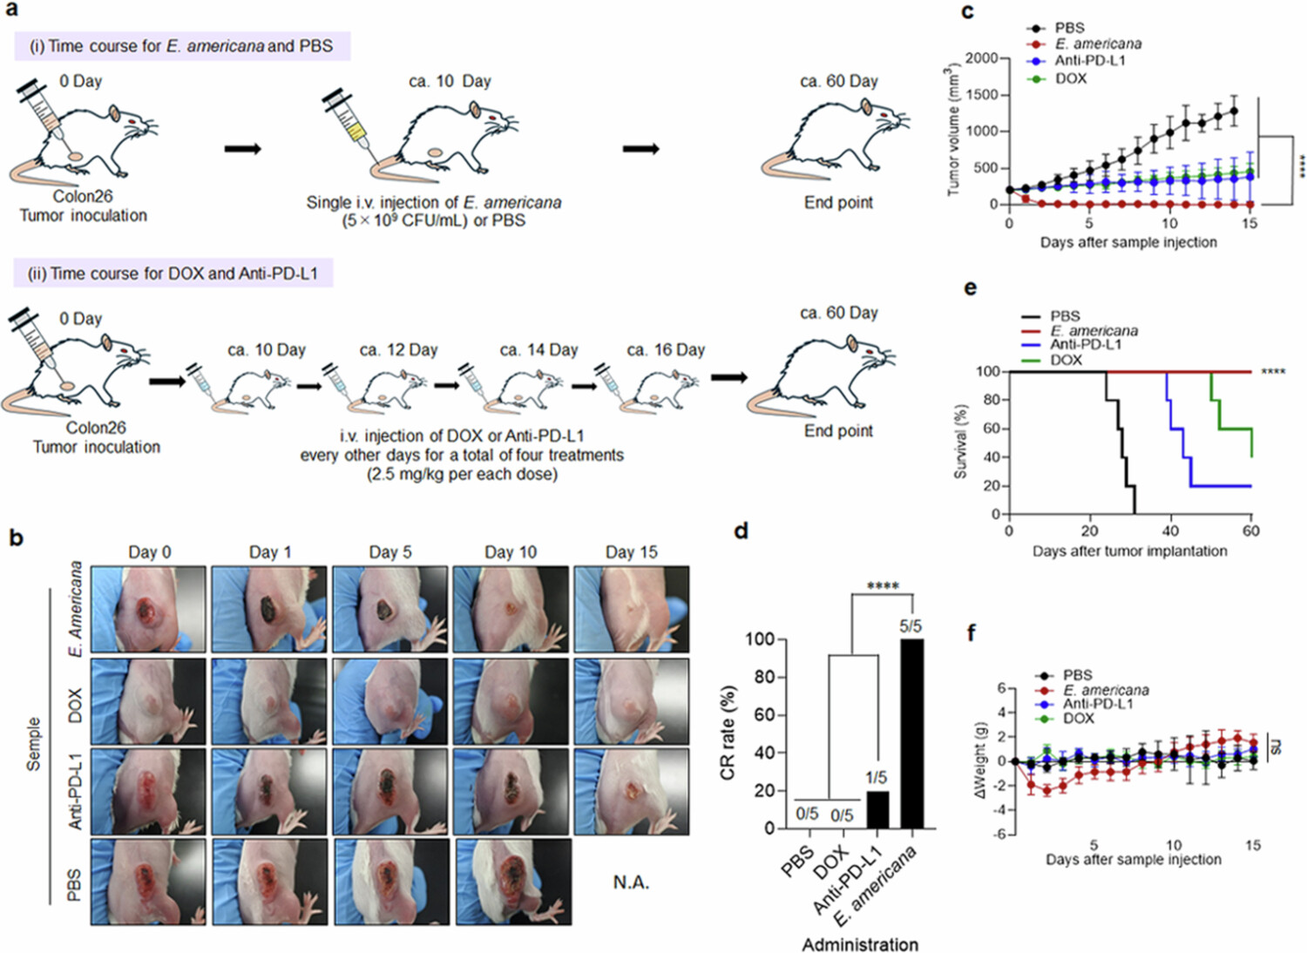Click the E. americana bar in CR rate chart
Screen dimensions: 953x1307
911,733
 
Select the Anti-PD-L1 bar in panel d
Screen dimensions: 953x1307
877,809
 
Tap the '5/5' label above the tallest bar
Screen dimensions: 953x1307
911,626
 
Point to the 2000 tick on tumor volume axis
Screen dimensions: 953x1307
981,57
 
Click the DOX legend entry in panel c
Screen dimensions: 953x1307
1069,78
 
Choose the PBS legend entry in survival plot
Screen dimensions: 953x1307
1065,316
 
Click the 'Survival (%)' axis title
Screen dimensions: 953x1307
961,442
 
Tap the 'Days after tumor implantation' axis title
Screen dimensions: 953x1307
1129,551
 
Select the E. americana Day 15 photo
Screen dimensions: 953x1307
631,609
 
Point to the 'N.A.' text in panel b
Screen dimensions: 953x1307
631,882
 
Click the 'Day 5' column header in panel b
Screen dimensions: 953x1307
389,552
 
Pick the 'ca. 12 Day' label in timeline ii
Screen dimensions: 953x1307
398,350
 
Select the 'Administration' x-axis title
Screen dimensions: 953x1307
859,944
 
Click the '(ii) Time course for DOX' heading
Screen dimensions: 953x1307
173,274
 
